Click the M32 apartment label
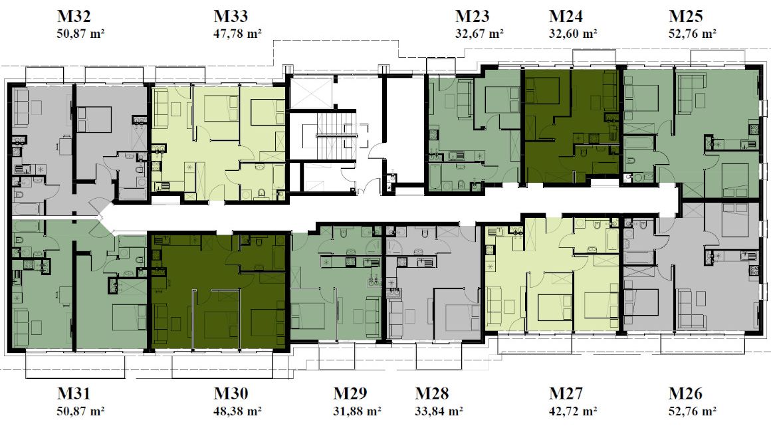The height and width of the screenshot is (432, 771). (x=74, y=16)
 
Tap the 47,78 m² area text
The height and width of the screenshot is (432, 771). (x=237, y=34)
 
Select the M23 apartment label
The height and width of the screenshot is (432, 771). (x=472, y=16)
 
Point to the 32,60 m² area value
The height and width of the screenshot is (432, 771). (x=573, y=34)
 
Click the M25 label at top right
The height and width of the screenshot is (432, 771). (x=685, y=16)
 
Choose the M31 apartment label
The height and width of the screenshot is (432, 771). (x=74, y=393)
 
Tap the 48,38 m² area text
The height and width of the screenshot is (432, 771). (x=237, y=411)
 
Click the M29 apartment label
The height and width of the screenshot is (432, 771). (x=350, y=393)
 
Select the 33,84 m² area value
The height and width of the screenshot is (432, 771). (x=439, y=411)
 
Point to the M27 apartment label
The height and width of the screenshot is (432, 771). (x=566, y=393)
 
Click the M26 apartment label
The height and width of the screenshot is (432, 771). (x=685, y=393)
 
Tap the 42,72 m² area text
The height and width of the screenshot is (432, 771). (x=573, y=411)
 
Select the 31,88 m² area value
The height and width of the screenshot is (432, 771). (x=357, y=411)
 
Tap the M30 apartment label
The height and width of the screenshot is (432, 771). (x=231, y=393)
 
